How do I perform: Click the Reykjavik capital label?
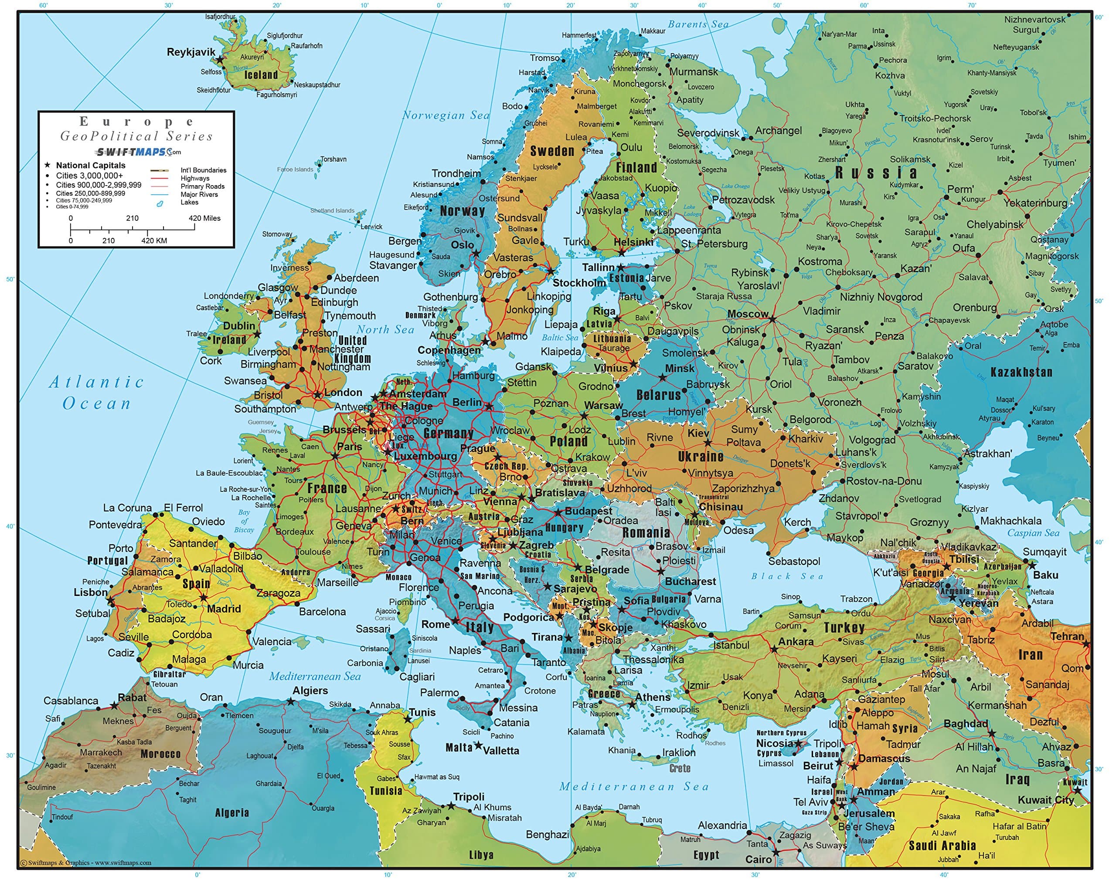191,52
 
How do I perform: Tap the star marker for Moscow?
772,319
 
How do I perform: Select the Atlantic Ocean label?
96,393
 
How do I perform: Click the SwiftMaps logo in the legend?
138,152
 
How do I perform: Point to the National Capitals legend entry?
90,166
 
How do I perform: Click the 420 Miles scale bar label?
204,218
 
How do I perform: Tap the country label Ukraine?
700,457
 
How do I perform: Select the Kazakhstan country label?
1021,372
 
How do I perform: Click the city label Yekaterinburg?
1034,203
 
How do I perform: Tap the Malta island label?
459,748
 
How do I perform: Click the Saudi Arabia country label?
942,846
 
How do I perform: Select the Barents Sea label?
698,24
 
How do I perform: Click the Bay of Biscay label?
244,521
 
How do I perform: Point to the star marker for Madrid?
204,598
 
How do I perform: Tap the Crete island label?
679,768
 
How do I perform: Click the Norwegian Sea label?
446,115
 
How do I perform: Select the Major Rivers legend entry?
199,194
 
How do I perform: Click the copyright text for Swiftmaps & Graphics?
85,863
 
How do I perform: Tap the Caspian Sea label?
1033,533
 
